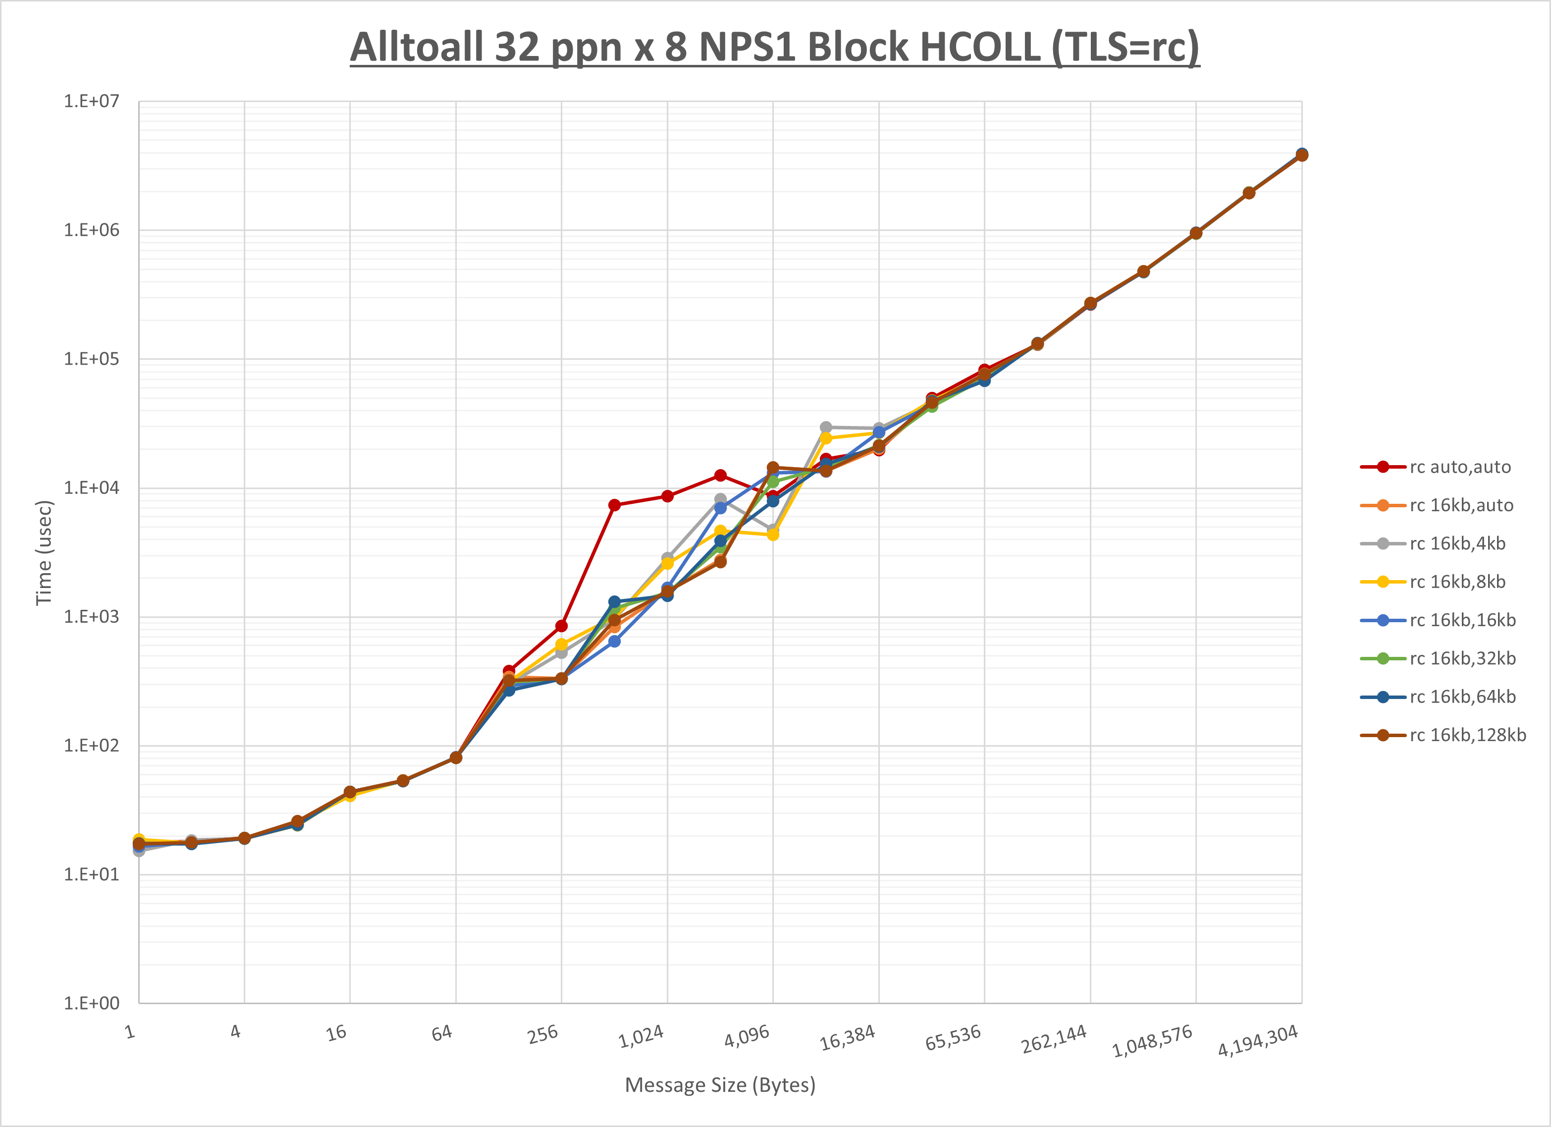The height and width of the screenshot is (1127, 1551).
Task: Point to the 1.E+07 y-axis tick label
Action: pyautogui.click(x=91, y=101)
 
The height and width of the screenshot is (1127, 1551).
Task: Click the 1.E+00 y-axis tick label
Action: pyautogui.click(x=91, y=1003)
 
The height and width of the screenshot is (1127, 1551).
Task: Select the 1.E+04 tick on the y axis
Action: pyautogui.click(x=91, y=487)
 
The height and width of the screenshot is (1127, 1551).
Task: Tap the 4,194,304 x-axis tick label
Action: pyautogui.click(x=1258, y=1041)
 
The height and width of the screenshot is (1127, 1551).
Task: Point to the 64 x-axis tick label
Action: pyautogui.click(x=442, y=1032)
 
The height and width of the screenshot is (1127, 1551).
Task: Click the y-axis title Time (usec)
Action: pyautogui.click(x=44, y=552)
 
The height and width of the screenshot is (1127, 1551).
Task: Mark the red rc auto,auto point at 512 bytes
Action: pyautogui.click(x=614, y=505)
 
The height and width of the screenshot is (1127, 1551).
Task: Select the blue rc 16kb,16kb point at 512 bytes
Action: pyautogui.click(x=614, y=642)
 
